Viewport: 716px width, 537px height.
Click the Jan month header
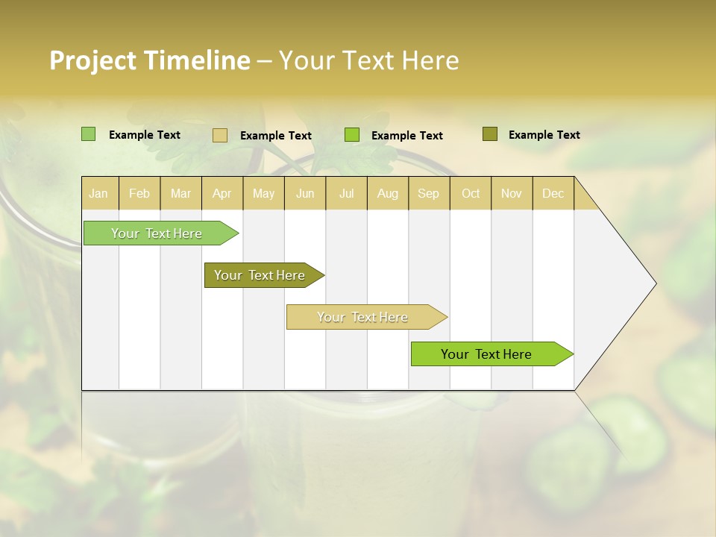click(98, 193)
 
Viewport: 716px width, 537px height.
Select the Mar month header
click(180, 193)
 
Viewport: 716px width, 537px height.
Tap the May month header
click(263, 193)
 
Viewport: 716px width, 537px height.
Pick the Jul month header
click(346, 193)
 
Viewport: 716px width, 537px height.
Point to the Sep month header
click(428, 193)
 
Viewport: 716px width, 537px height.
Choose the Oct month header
click(471, 193)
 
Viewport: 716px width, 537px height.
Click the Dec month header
click(553, 193)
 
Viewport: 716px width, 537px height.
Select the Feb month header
click(139, 193)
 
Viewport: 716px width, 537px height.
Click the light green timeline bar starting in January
click(157, 233)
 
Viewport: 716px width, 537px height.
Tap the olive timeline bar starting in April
click(260, 275)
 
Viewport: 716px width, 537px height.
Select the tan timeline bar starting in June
click(362, 317)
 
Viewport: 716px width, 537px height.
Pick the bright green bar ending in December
click(486, 354)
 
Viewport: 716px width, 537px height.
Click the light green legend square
click(89, 134)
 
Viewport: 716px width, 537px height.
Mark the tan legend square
click(220, 135)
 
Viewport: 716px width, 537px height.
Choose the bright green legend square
click(352, 135)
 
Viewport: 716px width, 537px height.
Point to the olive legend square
click(490, 134)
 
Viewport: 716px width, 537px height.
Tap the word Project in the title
click(92, 60)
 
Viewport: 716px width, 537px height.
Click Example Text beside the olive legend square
click(544, 135)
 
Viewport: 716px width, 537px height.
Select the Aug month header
click(387, 193)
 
